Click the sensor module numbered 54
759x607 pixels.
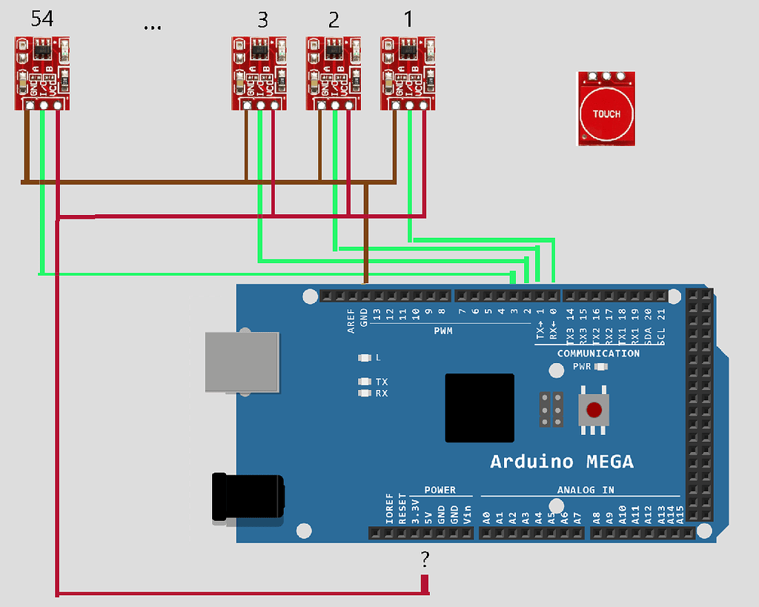pos(43,73)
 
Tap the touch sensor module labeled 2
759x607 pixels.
pos(334,73)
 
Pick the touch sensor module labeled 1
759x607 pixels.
pos(408,73)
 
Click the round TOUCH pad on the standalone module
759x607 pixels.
pos(606,113)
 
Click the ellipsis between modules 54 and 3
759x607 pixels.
pos(152,27)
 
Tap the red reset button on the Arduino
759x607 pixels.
pos(594,410)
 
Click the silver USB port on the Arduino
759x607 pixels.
pos(242,362)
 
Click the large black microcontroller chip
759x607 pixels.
pos(480,408)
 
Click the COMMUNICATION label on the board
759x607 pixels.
pos(598,354)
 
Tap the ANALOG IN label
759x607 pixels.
pos(586,490)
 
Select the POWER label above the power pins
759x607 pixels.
pos(440,490)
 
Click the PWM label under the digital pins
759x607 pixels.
pos(443,331)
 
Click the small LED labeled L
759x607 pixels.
pos(364,358)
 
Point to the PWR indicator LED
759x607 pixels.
pos(601,366)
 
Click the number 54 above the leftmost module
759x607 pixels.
pos(43,20)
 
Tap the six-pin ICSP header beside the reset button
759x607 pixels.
pos(551,410)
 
